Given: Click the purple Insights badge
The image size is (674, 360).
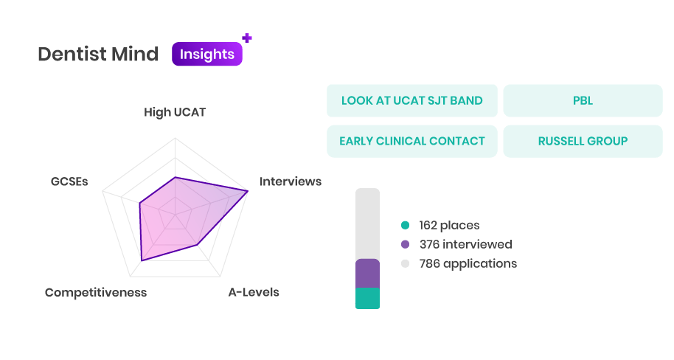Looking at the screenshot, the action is point(206,54).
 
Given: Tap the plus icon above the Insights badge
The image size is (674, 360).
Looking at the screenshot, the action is point(247,38).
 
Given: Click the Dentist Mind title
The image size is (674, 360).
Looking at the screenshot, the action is point(98,54).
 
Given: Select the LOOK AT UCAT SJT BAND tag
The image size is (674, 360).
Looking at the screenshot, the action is point(411,100).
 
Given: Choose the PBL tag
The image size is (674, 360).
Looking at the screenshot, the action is point(583,100).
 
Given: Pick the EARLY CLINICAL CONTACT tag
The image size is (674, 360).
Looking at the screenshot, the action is point(411,141).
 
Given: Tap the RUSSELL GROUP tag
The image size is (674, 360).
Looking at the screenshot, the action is point(583,141).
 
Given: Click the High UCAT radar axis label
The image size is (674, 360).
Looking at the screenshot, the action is point(175,112).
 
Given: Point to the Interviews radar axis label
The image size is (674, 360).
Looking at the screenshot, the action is point(290,181).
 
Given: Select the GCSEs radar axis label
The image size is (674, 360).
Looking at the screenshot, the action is point(69,181).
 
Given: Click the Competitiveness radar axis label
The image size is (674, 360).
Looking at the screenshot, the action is point(96,292).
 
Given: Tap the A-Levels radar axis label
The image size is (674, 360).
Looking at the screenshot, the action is point(254,292).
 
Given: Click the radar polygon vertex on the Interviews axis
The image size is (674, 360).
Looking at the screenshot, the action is point(248,191).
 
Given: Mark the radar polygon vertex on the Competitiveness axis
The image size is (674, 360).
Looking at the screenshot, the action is point(142,260).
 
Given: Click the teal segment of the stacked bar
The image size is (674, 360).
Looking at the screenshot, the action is point(367,299).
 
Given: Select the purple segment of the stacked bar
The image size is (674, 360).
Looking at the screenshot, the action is point(367,274).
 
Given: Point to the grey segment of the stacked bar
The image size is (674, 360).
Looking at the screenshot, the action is point(367,224).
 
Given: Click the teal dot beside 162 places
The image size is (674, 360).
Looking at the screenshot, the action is point(405,225).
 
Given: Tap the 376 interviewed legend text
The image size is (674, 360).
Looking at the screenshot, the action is point(465,244).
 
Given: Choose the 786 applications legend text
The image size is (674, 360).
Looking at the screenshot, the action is point(468,263).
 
